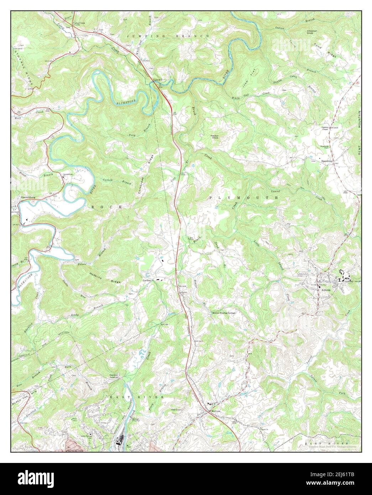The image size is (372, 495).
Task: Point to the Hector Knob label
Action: tap(215, 137)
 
